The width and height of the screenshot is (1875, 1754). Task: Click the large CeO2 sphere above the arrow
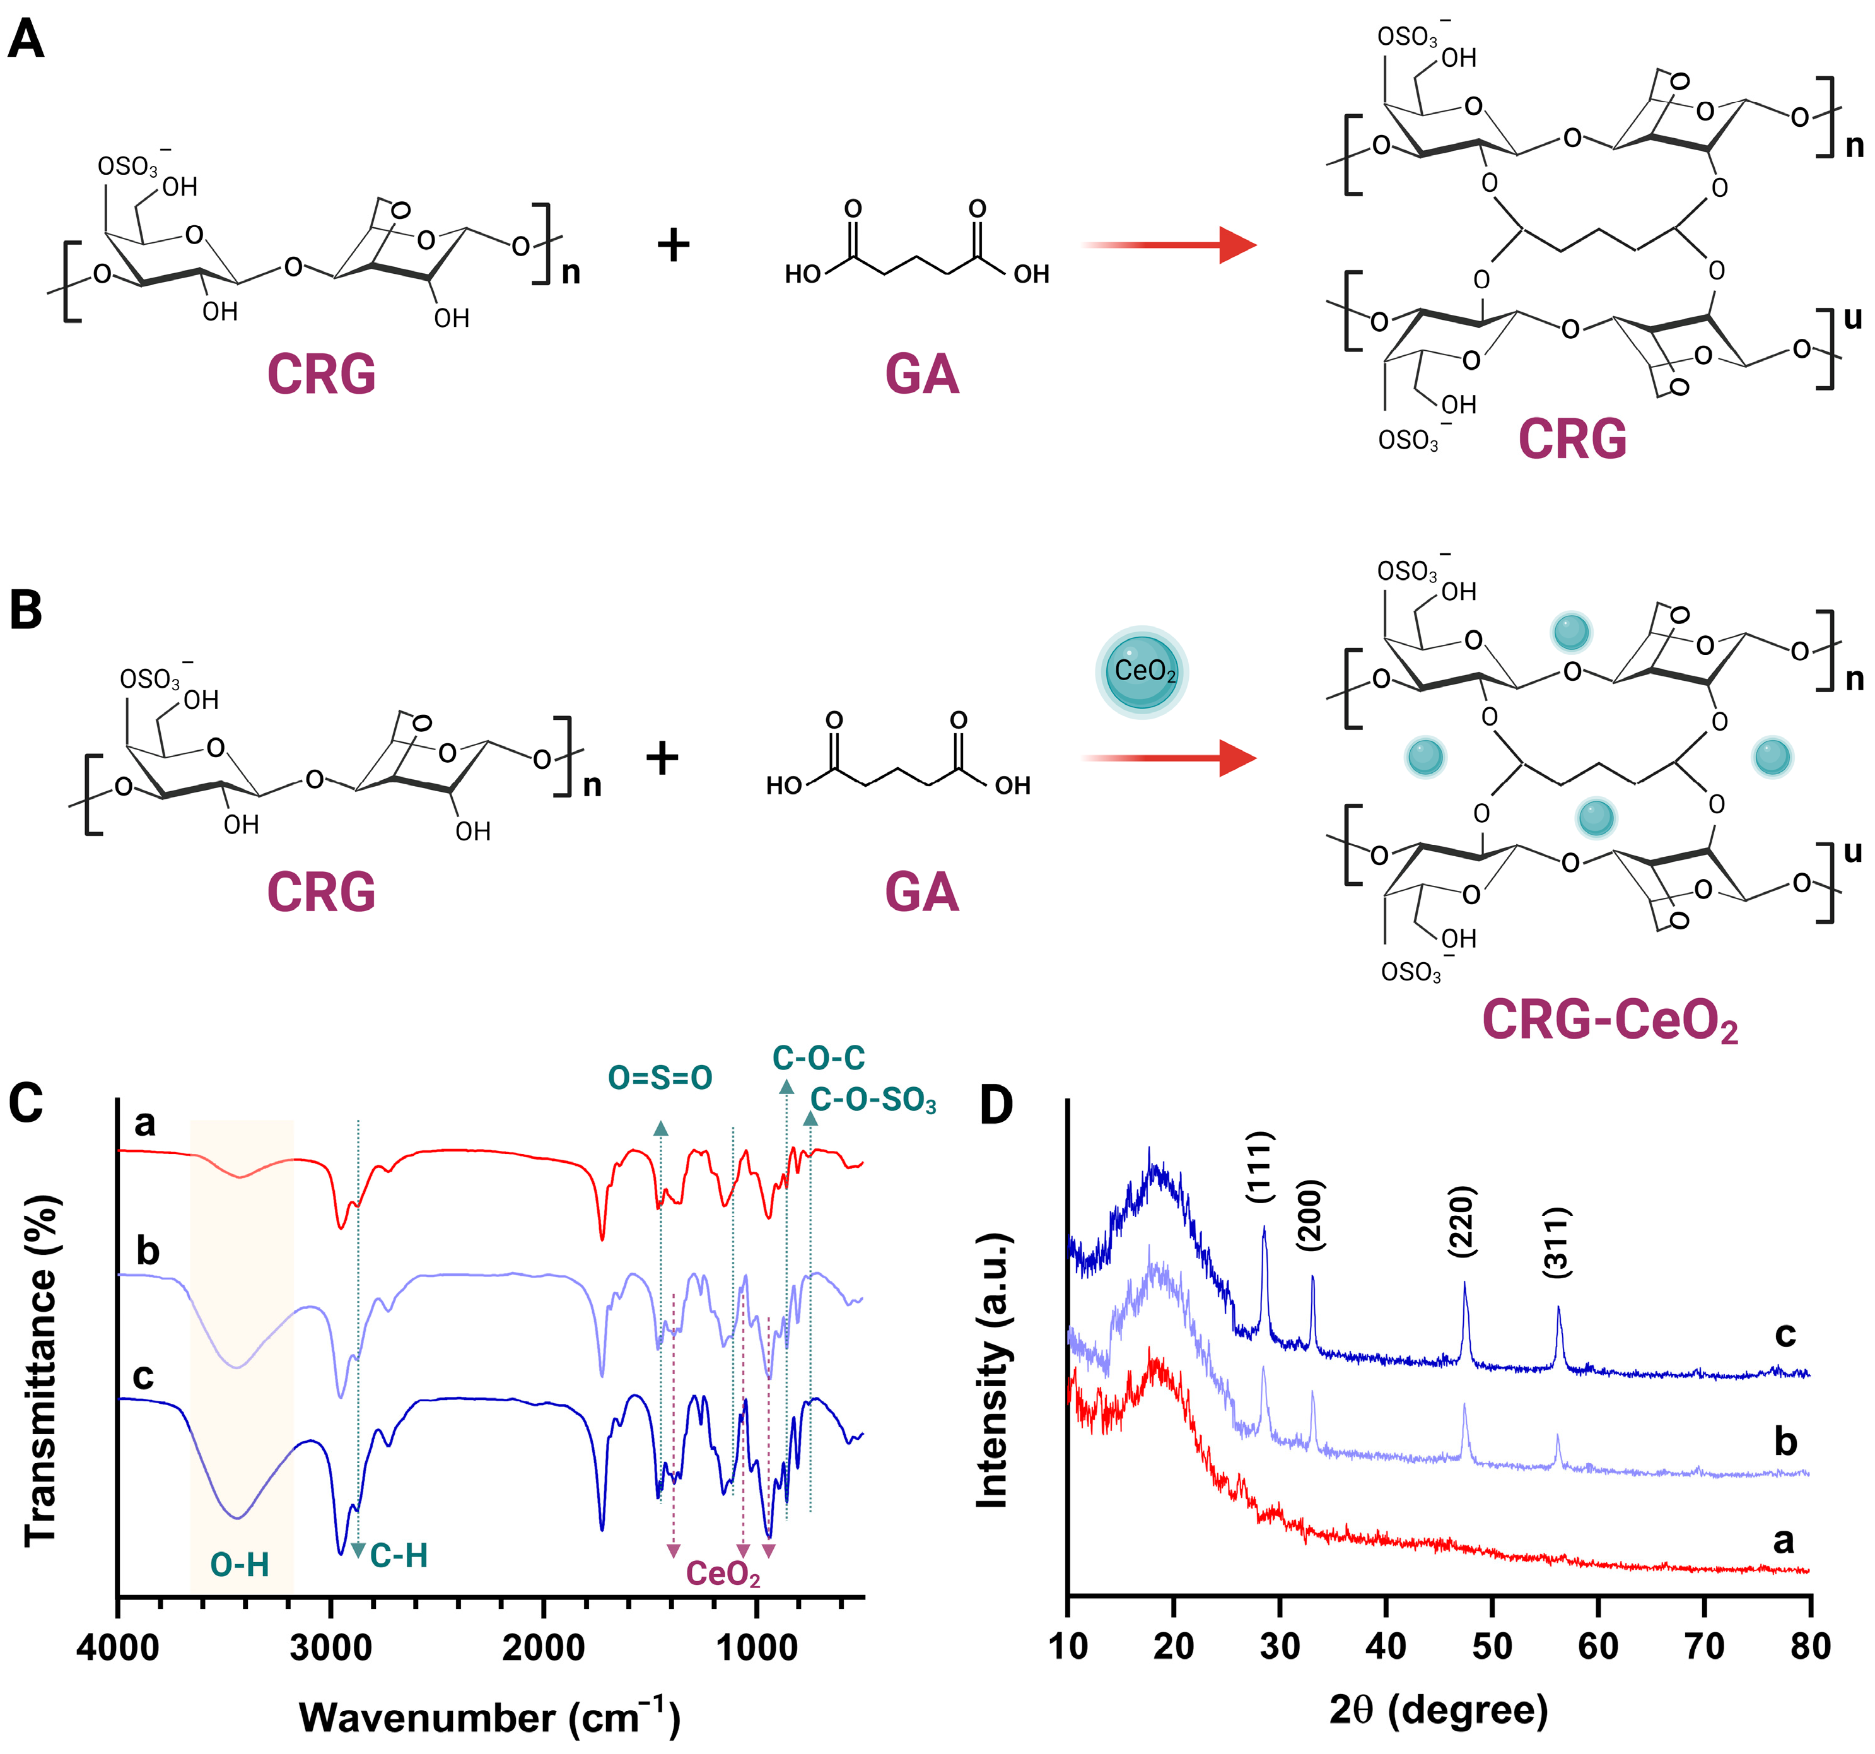tap(1142, 672)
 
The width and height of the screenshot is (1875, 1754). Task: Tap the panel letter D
tap(996, 1105)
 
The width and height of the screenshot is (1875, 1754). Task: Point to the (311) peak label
tap(1557, 1242)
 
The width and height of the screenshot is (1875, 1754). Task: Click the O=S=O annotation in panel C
tap(660, 1078)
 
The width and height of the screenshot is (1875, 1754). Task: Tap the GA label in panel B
tap(921, 892)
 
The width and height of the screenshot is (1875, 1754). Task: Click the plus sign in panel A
tap(674, 245)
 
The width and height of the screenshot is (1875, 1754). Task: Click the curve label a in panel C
tap(144, 1123)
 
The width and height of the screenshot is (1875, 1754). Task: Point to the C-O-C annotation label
tap(818, 1057)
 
